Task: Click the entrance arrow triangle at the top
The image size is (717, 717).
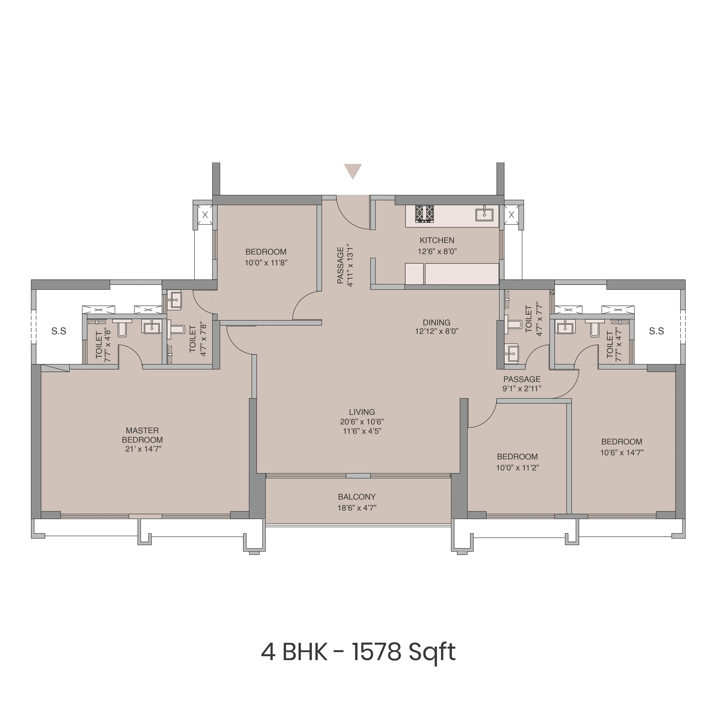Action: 353,171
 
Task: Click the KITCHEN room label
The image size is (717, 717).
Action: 437,241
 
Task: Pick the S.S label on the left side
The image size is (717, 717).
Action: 59,331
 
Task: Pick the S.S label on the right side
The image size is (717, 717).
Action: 656,331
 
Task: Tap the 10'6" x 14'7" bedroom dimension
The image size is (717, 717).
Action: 622,452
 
